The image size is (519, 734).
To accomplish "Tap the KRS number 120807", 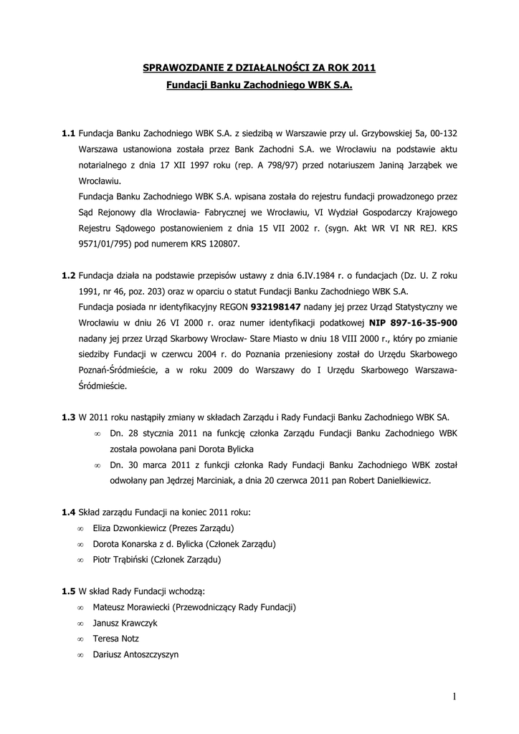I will pyautogui.click(x=226, y=244).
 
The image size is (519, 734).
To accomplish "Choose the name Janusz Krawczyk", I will pyautogui.click(x=125, y=622).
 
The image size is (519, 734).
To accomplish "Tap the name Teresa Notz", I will pyautogui.click(x=116, y=638).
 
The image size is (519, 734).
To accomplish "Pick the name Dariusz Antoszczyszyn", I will pyautogui.click(x=135, y=654).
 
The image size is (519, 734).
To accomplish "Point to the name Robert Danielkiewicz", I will pyautogui.click(x=390, y=480).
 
